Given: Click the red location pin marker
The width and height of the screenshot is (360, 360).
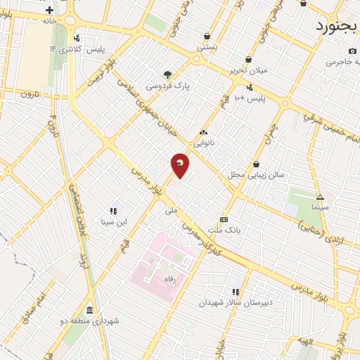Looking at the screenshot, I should pyautogui.click(x=180, y=165).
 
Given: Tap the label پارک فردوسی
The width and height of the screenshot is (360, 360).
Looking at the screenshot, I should pyautogui.click(x=168, y=86).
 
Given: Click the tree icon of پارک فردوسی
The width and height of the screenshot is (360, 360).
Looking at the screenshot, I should pyautogui.click(x=167, y=75).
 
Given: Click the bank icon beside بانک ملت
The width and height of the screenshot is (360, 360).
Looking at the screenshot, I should pyautogui.click(x=224, y=219).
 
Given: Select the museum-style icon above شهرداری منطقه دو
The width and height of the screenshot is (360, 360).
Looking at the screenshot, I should pyautogui.click(x=89, y=310).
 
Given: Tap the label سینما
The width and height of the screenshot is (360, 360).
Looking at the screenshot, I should pyautogui.click(x=321, y=208).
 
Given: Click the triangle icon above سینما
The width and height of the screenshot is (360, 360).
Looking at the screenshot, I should pyautogui.click(x=320, y=197).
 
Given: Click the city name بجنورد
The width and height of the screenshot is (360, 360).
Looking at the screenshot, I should pyautogui.click(x=336, y=27).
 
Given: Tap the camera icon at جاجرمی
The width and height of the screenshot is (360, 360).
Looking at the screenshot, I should pyautogui.click(x=352, y=51).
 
